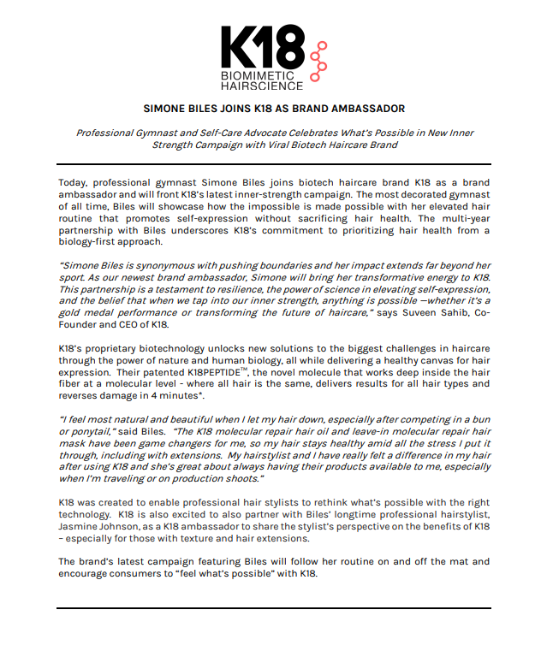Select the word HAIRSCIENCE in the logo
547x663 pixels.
point(262,86)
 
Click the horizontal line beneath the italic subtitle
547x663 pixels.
point(273,163)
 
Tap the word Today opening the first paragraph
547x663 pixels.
point(74,182)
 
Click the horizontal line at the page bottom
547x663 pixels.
point(273,608)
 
